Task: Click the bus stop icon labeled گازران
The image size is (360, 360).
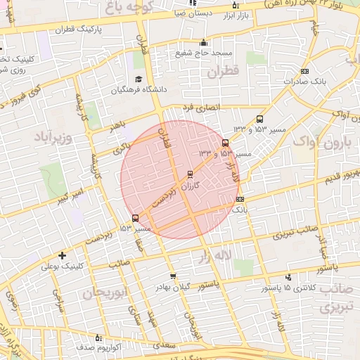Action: (191, 174)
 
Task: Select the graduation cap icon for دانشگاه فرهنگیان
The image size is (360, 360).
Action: (139, 78)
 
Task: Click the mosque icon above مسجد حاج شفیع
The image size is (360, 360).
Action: (204, 42)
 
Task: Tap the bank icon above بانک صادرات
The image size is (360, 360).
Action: (304, 71)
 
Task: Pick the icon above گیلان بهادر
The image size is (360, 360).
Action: (173, 276)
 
